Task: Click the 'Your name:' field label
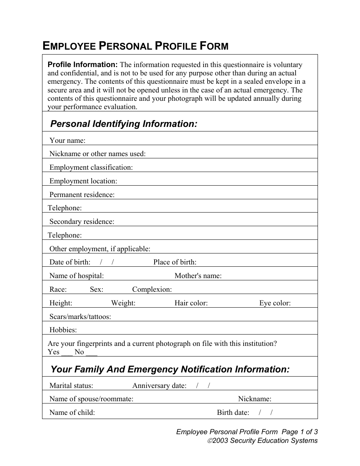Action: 67,141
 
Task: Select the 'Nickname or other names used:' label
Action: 97,154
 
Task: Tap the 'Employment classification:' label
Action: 91,167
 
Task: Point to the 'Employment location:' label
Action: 83,181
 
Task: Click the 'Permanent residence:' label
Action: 82,195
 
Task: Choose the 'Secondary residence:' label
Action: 82,222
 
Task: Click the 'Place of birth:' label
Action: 175,262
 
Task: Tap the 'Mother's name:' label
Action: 198,276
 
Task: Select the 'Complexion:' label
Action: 152,289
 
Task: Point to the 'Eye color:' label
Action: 275,303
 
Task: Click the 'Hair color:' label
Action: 191,303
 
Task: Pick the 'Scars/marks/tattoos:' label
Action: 80,317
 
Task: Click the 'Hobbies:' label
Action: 63,330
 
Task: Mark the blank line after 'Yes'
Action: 67,353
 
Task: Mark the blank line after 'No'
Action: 92,353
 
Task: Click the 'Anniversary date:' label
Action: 159,386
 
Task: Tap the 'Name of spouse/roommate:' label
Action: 91,399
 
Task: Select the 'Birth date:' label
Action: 233,413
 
